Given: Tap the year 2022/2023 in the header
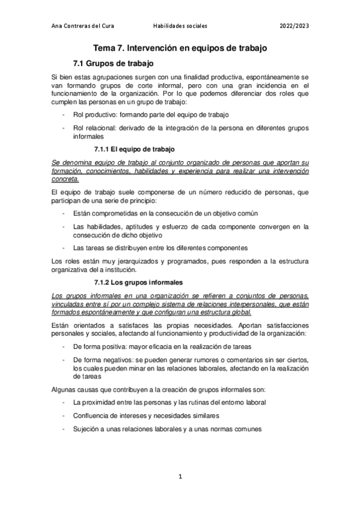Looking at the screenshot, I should (x=294, y=26).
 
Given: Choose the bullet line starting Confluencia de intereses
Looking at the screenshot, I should (x=145, y=416).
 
